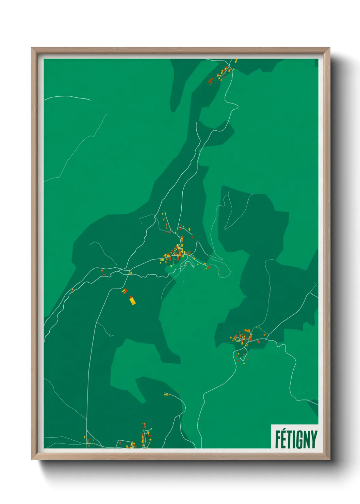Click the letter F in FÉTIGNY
pyautogui.click(x=278, y=440)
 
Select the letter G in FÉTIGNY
pyautogui.click(x=297, y=440)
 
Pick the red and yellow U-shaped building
pyautogui.click(x=125, y=291)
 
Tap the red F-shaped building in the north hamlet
pyautogui.click(x=211, y=81)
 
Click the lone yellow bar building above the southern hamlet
pyautogui.click(x=166, y=395)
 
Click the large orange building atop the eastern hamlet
pyautogui.click(x=247, y=331)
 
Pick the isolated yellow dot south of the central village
pyautogui.click(x=183, y=282)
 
